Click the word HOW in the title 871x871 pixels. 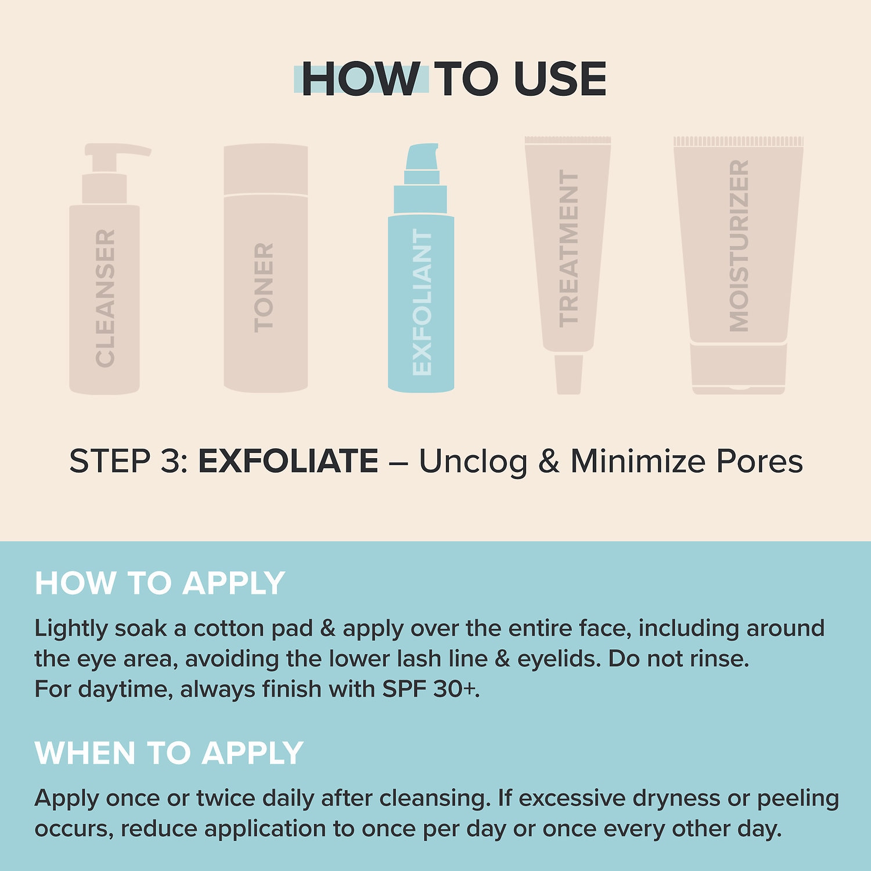[360, 79]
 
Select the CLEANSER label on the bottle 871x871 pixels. [105, 298]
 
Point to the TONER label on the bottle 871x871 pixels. [264, 287]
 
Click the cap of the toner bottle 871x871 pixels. [266, 168]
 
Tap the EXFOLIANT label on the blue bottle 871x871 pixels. [422, 302]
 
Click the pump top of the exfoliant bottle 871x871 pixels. [422, 156]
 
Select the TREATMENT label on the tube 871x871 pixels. [568, 249]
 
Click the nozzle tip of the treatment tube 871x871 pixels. [568, 375]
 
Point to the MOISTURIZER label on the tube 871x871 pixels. [739, 246]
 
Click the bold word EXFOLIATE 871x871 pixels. [288, 461]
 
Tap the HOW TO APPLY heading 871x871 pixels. [160, 583]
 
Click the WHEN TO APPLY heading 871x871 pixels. [169, 753]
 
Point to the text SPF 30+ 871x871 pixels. [430, 689]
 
